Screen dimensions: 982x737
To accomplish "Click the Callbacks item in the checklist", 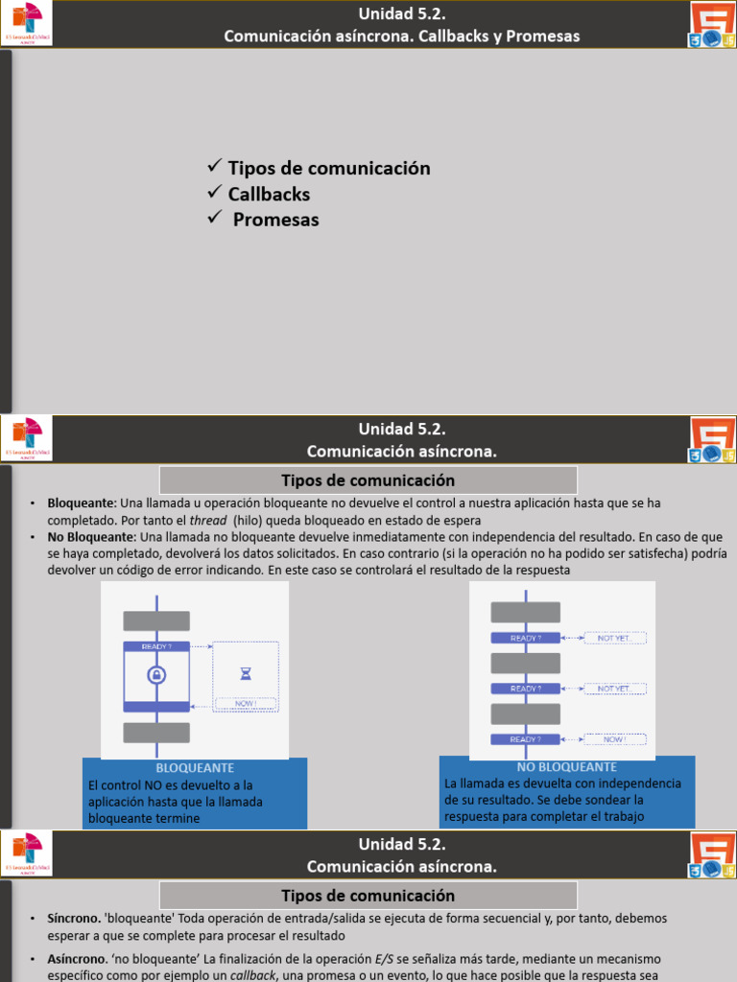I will point(269,194).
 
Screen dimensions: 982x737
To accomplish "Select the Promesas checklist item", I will point(275,220).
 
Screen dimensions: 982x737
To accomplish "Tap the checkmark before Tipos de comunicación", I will point(215,167).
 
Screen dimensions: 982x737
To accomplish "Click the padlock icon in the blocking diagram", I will point(155,675).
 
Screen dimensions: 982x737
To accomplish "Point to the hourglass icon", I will point(245,674).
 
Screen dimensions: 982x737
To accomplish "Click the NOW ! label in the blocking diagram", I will point(245,704).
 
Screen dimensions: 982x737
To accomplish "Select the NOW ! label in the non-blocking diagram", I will point(614,739).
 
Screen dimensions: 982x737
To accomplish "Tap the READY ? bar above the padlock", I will point(156,646).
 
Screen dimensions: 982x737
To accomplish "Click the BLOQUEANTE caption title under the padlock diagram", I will point(195,768).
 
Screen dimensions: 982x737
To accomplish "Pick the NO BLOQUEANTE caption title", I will point(566,767).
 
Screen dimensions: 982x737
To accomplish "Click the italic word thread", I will point(208,521).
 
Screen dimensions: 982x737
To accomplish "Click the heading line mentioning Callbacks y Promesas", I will point(401,36).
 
